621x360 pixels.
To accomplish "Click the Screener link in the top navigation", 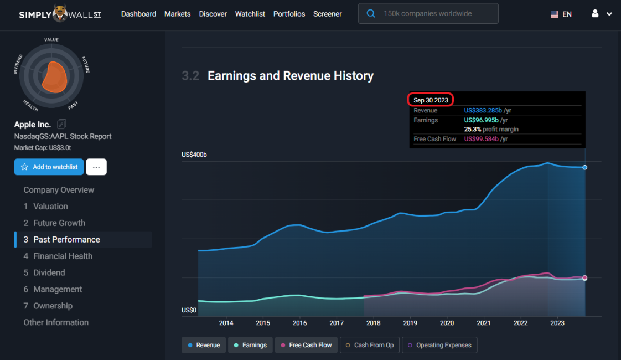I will point(327,14).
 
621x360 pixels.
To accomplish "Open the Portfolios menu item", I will point(289,14).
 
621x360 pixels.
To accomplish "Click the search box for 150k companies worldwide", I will point(428,14).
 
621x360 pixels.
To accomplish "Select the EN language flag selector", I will point(561,14).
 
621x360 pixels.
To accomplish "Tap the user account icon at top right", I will point(596,14).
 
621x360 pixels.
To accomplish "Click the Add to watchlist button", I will point(49,167).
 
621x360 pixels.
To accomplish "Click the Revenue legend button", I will point(203,345).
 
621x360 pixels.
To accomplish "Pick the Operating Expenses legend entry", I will point(439,345).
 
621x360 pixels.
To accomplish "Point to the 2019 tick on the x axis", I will point(410,323).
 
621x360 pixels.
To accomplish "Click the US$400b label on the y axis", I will point(194,155).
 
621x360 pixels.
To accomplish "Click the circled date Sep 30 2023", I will point(431,100).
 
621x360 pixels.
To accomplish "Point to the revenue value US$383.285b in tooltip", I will point(483,111).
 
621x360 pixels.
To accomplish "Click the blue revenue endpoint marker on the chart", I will point(585,167).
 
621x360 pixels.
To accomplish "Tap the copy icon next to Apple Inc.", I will point(61,124).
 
